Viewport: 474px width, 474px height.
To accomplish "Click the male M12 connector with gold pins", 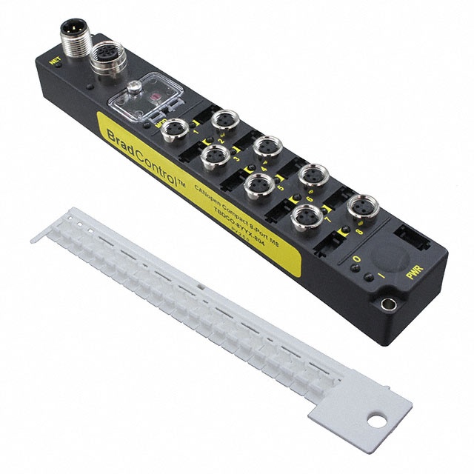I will tap(77, 35).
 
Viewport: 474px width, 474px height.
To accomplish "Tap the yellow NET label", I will tap(53, 64).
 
